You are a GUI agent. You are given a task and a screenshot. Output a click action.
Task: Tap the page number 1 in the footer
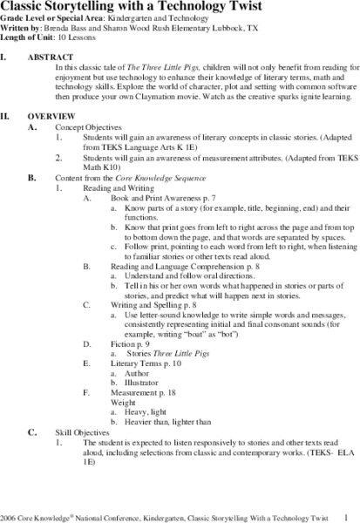[x=346, y=515]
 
